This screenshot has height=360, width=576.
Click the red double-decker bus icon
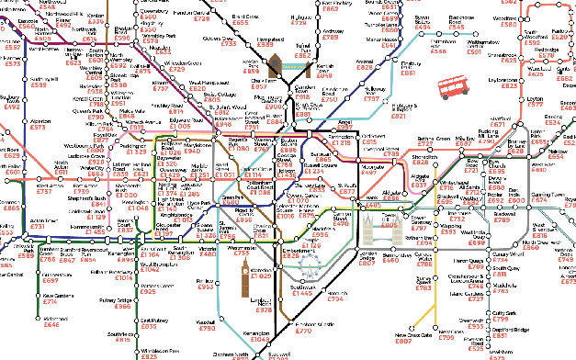(x=455, y=88)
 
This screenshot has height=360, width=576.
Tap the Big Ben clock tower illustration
(x=246, y=275)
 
